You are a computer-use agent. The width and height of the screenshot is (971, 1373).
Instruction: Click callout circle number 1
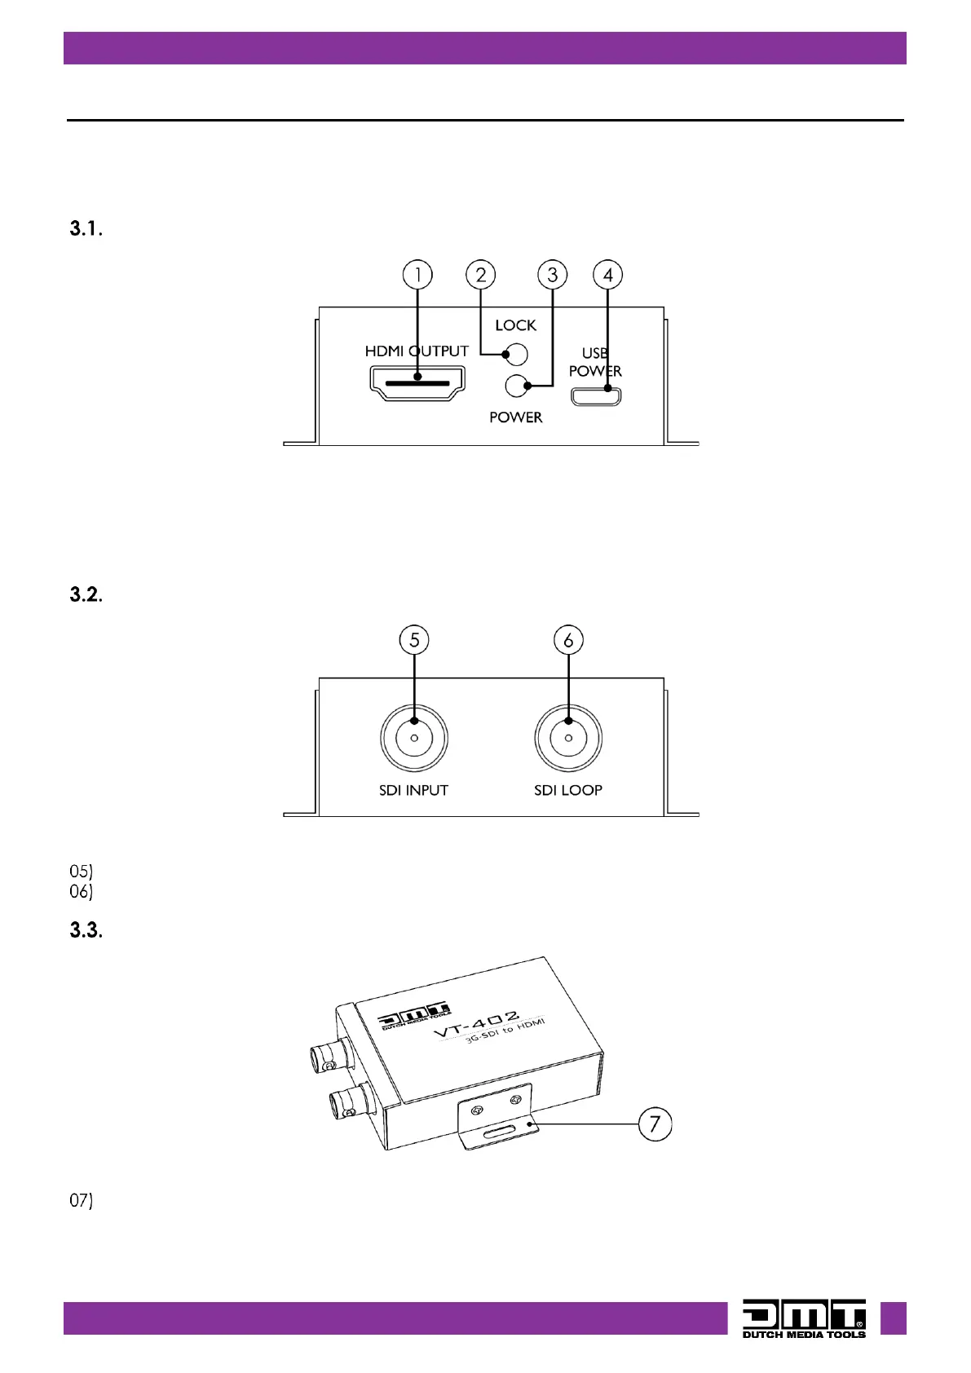click(417, 275)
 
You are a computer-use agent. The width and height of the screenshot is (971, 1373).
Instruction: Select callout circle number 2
click(480, 275)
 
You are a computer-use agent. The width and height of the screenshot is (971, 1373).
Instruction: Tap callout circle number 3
click(552, 275)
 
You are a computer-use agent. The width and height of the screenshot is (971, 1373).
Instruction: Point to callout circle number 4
click(607, 275)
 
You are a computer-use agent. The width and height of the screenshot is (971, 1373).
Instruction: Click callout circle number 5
click(414, 640)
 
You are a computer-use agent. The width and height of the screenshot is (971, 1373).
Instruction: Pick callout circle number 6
click(568, 640)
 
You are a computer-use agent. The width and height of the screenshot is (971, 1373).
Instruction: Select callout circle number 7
click(655, 1124)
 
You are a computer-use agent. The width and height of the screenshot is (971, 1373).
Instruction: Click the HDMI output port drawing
click(417, 383)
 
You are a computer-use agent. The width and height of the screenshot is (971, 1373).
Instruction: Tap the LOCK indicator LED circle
click(516, 355)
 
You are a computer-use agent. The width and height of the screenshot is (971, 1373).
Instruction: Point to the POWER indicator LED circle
click(516, 386)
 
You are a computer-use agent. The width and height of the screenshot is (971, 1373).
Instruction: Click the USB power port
click(596, 396)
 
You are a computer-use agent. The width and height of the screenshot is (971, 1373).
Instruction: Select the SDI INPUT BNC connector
click(414, 738)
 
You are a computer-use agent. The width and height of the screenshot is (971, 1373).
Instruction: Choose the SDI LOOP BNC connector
click(568, 738)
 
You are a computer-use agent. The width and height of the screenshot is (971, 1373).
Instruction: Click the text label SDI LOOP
click(568, 790)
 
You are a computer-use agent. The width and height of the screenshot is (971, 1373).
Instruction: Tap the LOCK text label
click(516, 324)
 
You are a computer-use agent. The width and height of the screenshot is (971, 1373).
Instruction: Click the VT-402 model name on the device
click(477, 1024)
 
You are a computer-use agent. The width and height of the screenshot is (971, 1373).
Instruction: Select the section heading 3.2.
click(86, 594)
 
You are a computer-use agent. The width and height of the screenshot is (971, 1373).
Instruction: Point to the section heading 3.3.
click(86, 929)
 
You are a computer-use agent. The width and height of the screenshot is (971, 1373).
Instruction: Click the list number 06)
click(81, 891)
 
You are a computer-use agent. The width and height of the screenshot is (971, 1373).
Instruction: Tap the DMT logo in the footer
click(804, 1318)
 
